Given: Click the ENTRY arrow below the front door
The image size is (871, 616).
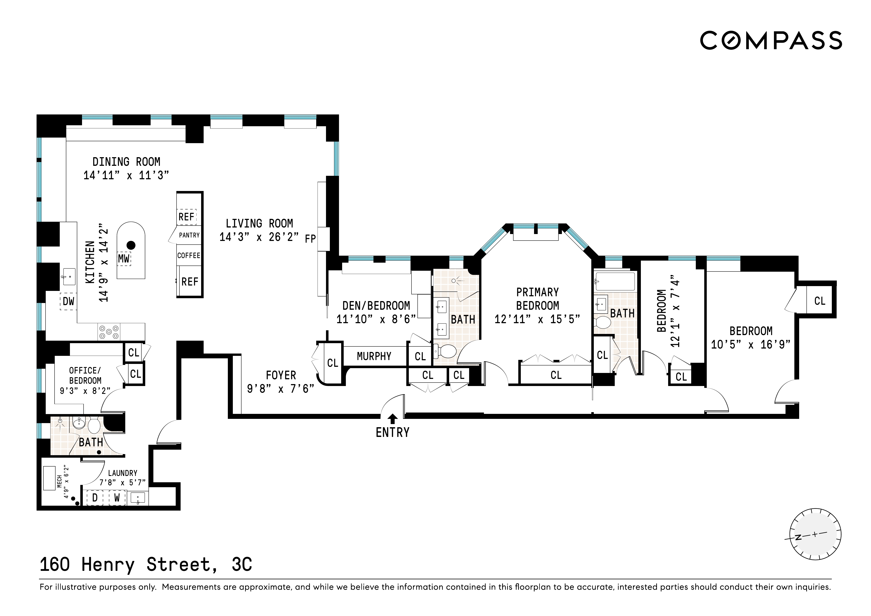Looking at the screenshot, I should [393, 419].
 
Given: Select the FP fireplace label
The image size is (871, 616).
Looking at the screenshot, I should [310, 239].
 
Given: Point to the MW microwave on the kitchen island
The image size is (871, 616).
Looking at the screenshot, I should [124, 259].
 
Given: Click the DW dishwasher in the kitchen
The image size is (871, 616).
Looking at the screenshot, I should [68, 301].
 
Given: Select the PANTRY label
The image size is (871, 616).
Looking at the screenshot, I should [189, 235].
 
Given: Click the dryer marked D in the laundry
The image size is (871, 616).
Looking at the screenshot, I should [95, 497].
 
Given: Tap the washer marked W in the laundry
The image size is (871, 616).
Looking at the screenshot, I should [117, 497].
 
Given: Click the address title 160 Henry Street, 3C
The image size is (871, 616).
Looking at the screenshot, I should [146, 565].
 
